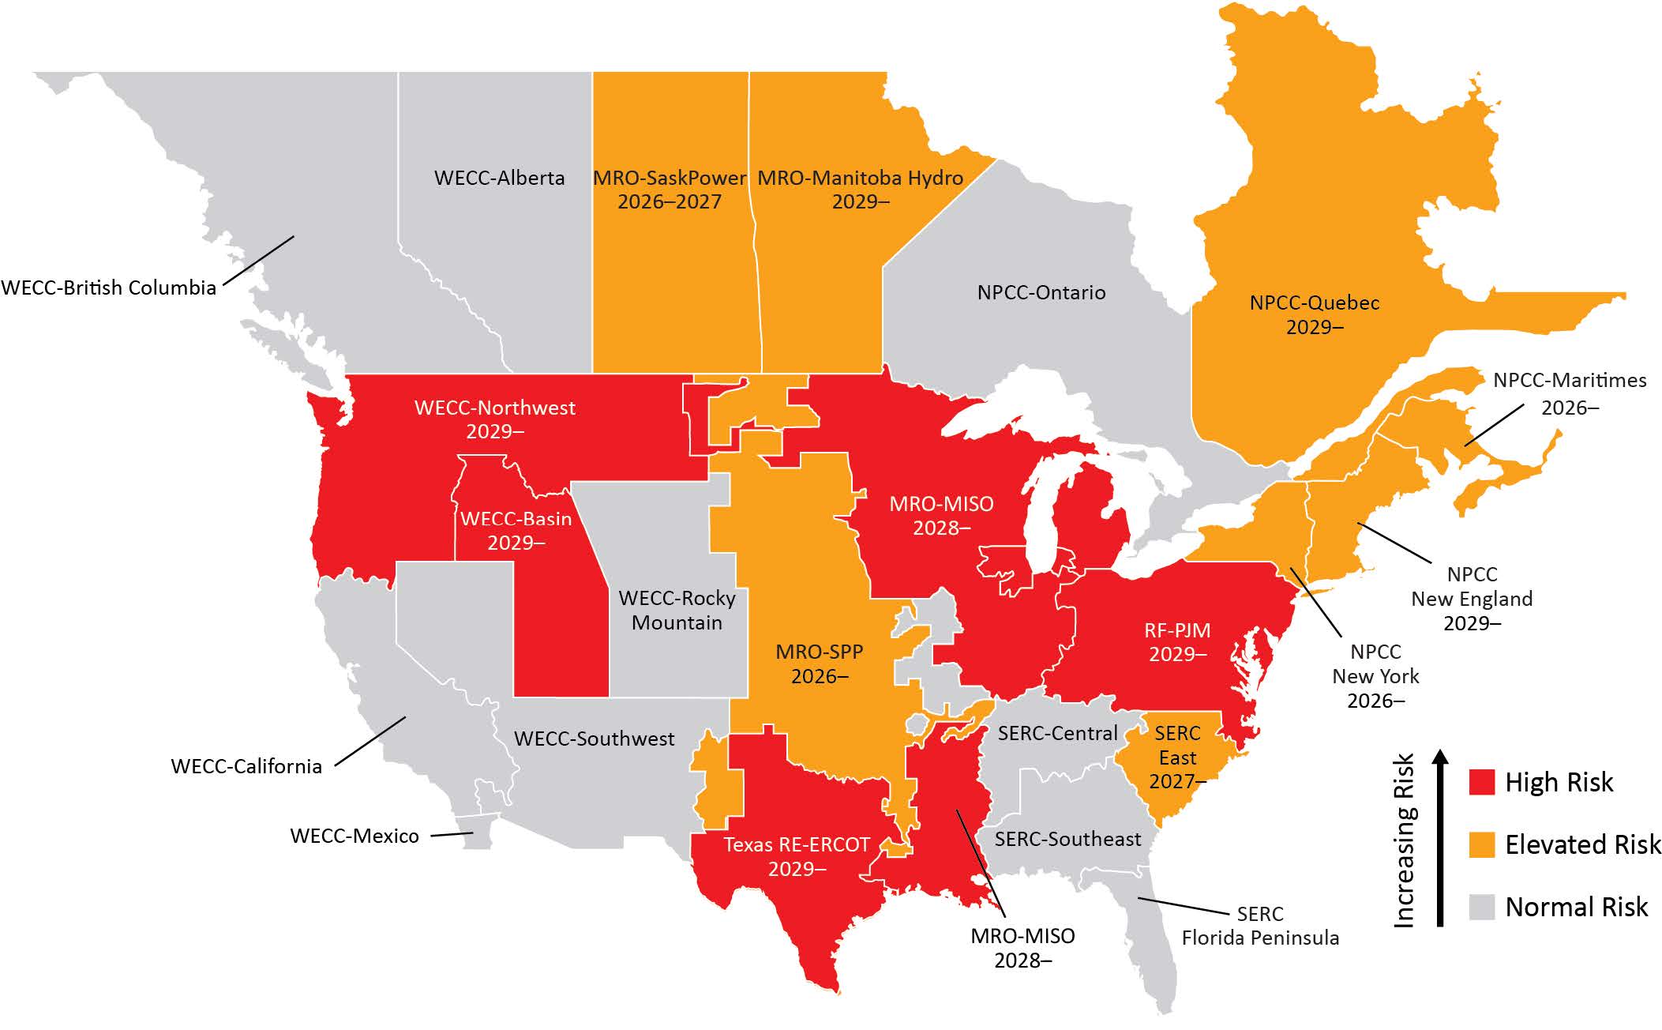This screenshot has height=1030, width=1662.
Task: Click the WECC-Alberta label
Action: pyautogui.click(x=499, y=178)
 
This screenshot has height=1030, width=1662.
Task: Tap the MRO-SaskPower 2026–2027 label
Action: pyautogui.click(x=670, y=190)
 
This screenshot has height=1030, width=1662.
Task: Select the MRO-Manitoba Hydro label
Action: pyautogui.click(x=860, y=190)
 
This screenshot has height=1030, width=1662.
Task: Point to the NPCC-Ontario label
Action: pyautogui.click(x=1041, y=292)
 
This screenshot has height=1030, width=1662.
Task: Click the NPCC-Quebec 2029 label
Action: pyautogui.click(x=1314, y=314)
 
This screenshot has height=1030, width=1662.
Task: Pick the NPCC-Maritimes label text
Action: pyautogui.click(x=1569, y=393)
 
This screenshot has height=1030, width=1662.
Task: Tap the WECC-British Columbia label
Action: pyautogui.click(x=109, y=288)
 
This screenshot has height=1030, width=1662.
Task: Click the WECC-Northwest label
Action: pyautogui.click(x=495, y=419)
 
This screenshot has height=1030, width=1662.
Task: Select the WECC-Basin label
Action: pyautogui.click(x=516, y=531)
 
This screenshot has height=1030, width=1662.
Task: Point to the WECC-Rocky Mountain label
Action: pyautogui.click(x=677, y=610)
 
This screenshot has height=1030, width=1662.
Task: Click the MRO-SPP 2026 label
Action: pyautogui.click(x=820, y=663)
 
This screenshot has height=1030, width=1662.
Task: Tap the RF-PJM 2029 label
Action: pyautogui.click(x=1177, y=642)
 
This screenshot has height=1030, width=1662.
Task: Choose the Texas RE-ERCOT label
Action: pyautogui.click(x=796, y=856)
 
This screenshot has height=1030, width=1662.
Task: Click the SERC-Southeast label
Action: pyautogui.click(x=1067, y=839)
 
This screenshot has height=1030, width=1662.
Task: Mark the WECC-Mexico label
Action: pyautogui.click(x=355, y=836)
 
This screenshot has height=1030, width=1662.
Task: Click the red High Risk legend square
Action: pyautogui.click(x=1482, y=782)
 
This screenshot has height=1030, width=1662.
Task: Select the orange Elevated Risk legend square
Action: pyautogui.click(x=1482, y=844)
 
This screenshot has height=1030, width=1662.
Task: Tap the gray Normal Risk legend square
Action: pyautogui.click(x=1482, y=907)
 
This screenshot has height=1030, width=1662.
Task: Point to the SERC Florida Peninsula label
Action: pyautogui.click(x=1259, y=926)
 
